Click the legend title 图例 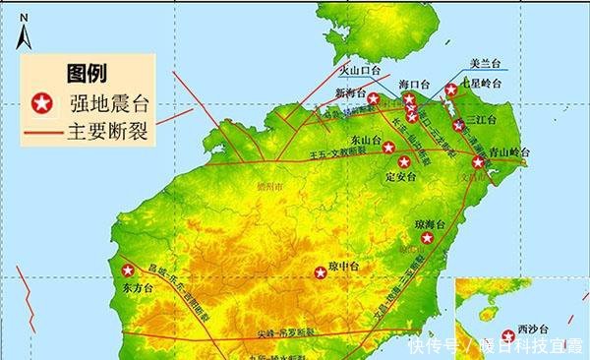tap(87, 73)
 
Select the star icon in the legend tap(41, 101)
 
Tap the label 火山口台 tap(359, 72)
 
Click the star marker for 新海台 tap(373, 98)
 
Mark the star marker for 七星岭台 tap(449, 90)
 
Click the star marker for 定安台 tap(402, 163)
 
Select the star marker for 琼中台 tap(320, 272)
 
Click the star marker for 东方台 tap(127, 270)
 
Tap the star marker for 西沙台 tap(508, 333)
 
